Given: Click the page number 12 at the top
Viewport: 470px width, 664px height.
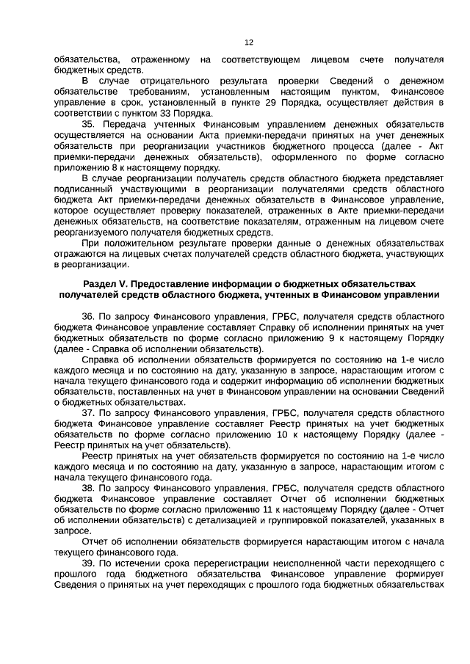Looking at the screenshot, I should pos(248,43).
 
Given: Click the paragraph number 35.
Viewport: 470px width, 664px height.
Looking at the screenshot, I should pos(89,124).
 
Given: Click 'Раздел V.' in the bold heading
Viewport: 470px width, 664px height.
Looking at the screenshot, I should pos(104,282).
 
